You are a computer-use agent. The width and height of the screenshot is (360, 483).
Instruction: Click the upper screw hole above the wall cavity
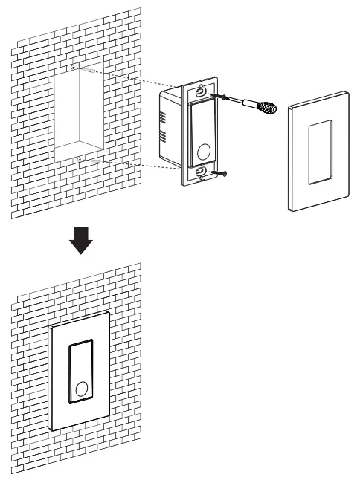(74, 68)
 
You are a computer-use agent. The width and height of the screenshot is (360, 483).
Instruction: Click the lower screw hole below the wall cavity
(80, 158)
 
